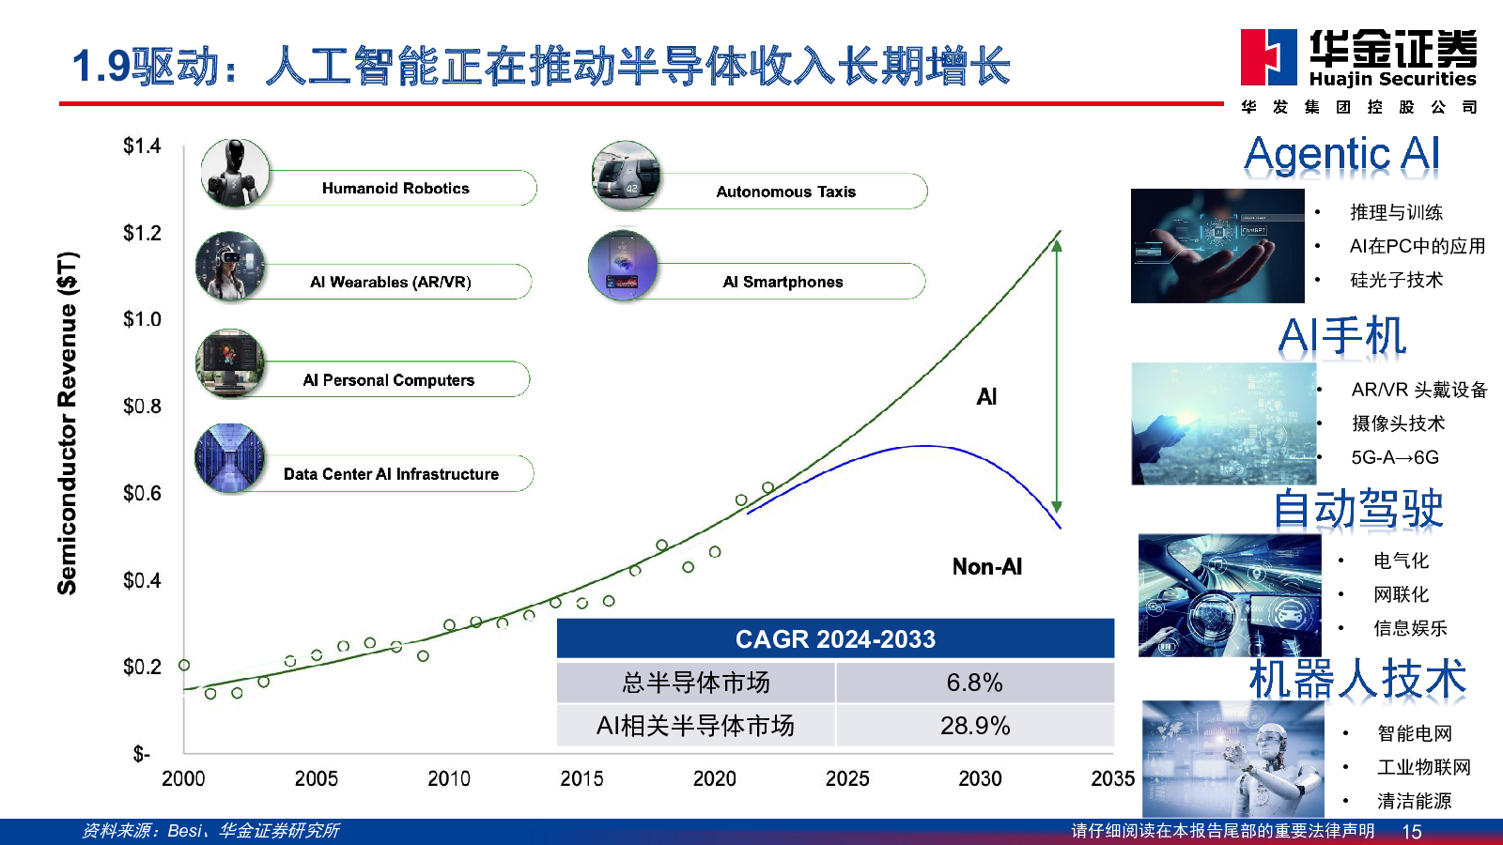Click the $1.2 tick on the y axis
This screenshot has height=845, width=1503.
coord(142,233)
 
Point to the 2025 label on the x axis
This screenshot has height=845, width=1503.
coord(847,778)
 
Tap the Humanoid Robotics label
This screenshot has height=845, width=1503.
coord(395,188)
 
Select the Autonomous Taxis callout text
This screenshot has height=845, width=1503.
coord(785,192)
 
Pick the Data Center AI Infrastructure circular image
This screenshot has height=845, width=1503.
coord(229,458)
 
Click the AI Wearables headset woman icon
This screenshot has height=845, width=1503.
coord(230,266)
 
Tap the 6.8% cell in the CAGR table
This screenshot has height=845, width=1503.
coord(974,683)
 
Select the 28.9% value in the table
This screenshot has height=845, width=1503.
coord(974,726)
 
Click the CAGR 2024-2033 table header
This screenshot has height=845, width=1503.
coord(835,638)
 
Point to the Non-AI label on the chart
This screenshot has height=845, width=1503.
coord(987,567)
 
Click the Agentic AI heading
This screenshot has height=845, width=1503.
coord(1341,155)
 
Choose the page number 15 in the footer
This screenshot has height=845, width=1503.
coord(1412,832)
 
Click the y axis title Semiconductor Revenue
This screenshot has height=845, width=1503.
coord(68,423)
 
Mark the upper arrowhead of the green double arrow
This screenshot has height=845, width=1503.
coord(1057,245)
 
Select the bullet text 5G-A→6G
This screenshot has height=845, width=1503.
coord(1395,457)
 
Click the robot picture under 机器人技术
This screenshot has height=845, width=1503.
coord(1233,759)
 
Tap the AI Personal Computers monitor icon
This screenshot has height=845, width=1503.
coord(229,362)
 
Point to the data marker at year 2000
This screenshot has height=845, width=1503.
coord(184,666)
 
